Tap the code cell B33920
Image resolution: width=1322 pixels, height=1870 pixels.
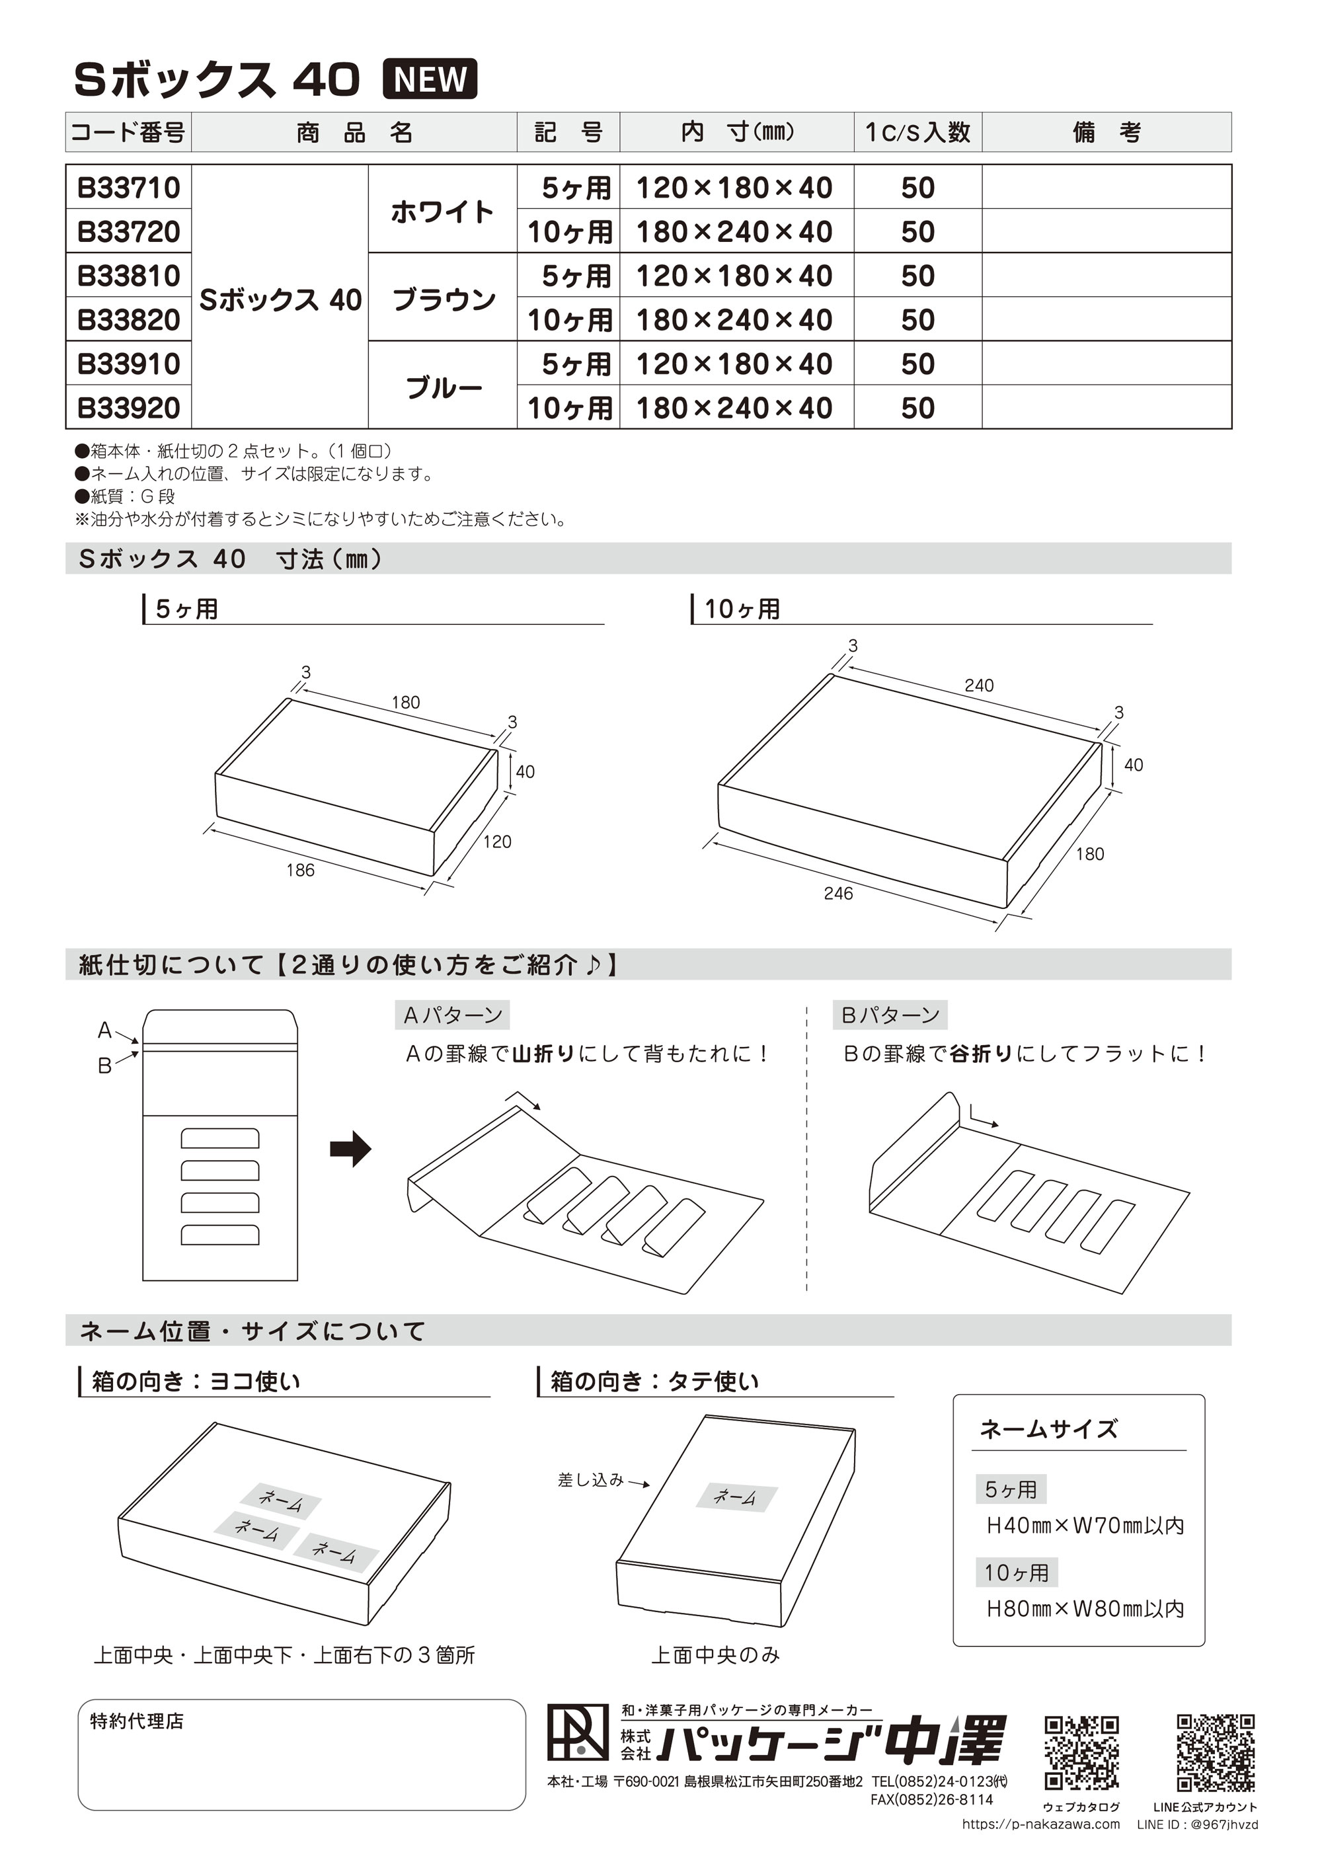[129, 407]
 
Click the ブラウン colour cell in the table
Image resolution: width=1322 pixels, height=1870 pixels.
[443, 298]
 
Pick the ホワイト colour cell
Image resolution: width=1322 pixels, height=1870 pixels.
[442, 210]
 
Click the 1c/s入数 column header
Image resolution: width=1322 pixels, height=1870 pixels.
[917, 132]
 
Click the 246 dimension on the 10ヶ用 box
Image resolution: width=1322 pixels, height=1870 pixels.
[837, 894]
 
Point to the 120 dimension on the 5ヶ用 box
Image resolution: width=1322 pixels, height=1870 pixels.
[497, 841]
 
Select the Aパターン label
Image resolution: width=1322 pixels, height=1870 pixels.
[453, 1015]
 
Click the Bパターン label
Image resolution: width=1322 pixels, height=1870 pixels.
[890, 1015]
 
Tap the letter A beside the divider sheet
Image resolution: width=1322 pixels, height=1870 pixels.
[104, 1031]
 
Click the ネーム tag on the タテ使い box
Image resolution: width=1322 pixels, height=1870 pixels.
[735, 1496]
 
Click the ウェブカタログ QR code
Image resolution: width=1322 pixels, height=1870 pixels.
[1081, 1753]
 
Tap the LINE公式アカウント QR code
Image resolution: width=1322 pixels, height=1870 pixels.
[1216, 1753]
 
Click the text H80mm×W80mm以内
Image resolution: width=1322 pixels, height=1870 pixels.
[1084, 1608]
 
